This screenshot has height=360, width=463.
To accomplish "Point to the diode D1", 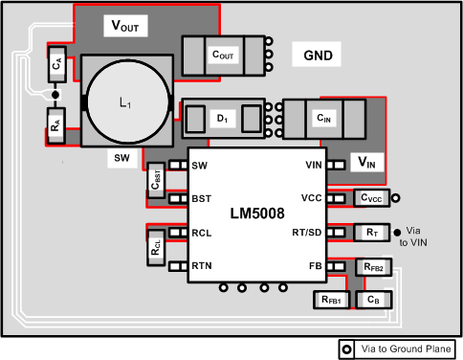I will tap(222, 119).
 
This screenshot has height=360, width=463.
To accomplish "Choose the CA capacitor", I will tap(56, 65).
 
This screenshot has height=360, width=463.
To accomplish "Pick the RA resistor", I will tap(56, 124).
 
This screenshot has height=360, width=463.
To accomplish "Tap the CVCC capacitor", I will tap(369, 198).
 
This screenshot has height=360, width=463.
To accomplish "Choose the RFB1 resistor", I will tap(332, 300).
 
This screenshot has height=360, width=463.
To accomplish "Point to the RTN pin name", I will tap(202, 267).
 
